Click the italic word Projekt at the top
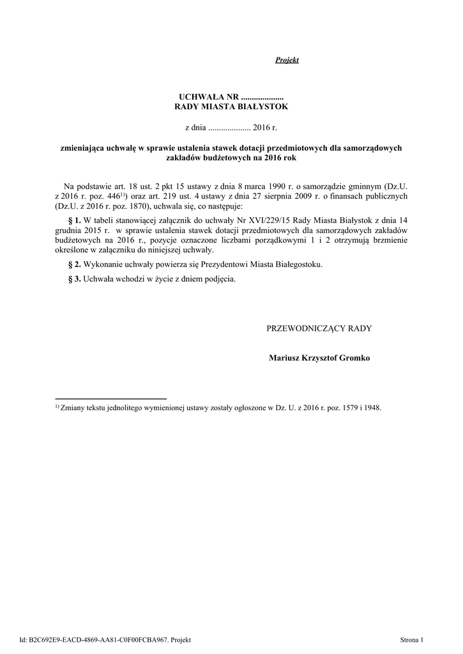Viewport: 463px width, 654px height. [287, 60]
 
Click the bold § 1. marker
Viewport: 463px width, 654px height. [74, 220]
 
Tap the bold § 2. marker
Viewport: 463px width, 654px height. [74, 264]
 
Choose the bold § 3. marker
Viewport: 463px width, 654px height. [74, 279]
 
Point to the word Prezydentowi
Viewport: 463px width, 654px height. [232, 264]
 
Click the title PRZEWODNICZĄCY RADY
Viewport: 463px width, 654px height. [319, 328]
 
